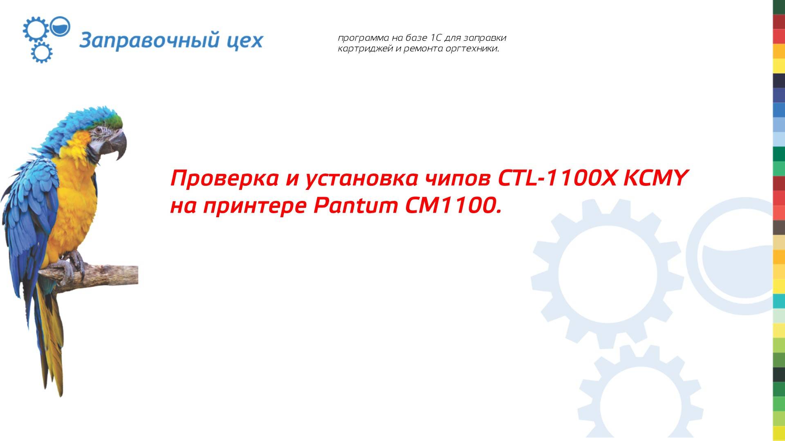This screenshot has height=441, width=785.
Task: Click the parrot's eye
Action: click(x=98, y=131)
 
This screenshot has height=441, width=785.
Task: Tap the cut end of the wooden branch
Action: click(x=135, y=274)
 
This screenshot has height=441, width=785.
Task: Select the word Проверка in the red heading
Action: click(x=224, y=178)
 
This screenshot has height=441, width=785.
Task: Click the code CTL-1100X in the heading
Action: click(x=556, y=178)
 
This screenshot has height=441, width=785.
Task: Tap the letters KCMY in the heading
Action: click(x=654, y=178)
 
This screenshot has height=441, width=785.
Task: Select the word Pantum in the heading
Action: click(x=355, y=206)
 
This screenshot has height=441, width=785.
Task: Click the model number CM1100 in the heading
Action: click(x=450, y=206)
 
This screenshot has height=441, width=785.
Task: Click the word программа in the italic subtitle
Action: click(x=363, y=38)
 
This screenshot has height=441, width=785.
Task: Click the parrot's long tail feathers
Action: click(x=51, y=347)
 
